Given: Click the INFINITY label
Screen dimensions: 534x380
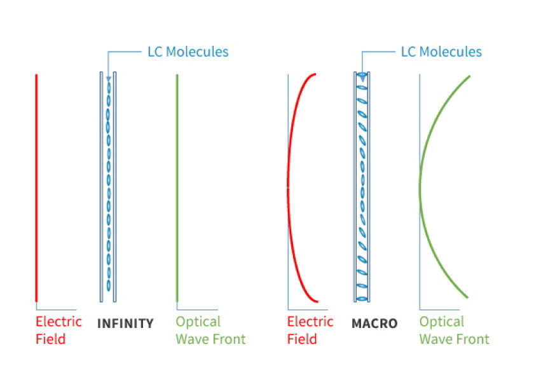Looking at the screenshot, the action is pyautogui.click(x=125, y=323).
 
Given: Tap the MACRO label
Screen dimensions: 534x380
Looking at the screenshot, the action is pyautogui.click(x=374, y=323).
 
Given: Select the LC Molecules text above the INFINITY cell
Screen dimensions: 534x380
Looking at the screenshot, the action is pyautogui.click(x=188, y=51).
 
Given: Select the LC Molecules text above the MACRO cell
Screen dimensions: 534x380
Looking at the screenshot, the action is pyautogui.click(x=441, y=51).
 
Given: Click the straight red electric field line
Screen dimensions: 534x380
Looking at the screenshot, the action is pyautogui.click(x=36, y=188).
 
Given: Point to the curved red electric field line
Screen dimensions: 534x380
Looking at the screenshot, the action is pyautogui.click(x=288, y=187).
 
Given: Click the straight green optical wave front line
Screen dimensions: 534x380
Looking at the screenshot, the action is pyautogui.click(x=177, y=188).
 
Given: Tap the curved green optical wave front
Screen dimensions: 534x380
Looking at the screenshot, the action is pyautogui.click(x=420, y=187).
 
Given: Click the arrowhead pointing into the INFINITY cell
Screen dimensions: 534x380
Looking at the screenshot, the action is pyautogui.click(x=109, y=79).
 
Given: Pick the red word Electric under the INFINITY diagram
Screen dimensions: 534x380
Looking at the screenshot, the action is pyautogui.click(x=58, y=322).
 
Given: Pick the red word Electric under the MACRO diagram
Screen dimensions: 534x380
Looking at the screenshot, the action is pyautogui.click(x=310, y=322).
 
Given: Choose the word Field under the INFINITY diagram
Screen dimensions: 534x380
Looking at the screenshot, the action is pyautogui.click(x=50, y=339).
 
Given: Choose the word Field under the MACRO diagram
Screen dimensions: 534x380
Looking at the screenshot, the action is pyautogui.click(x=302, y=339).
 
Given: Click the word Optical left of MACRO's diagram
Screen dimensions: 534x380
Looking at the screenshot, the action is pyautogui.click(x=198, y=322).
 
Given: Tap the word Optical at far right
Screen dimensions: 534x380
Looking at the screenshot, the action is pyautogui.click(x=442, y=322).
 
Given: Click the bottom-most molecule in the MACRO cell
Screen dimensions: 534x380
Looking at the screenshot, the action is pyautogui.click(x=362, y=299).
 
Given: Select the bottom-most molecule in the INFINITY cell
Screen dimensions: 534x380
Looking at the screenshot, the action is pyautogui.click(x=109, y=285).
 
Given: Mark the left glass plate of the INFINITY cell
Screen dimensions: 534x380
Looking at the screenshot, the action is pyautogui.click(x=102, y=187).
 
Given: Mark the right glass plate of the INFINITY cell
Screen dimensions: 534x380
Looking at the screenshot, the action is pyautogui.click(x=115, y=187).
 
